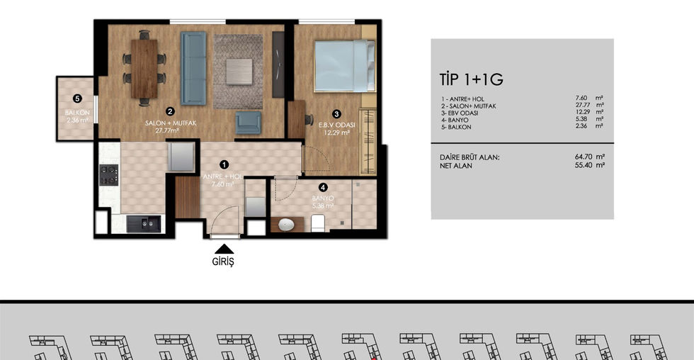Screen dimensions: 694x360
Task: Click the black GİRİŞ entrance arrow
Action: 224,249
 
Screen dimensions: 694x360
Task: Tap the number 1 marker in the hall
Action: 224,164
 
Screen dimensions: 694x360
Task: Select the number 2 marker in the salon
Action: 170,111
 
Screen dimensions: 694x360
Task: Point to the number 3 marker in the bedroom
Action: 337,114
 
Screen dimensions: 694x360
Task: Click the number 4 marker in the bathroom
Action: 324,188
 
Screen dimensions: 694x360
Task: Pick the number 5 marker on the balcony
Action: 77,99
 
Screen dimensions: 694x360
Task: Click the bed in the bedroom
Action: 344,66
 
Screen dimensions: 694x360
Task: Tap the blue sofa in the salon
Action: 193,68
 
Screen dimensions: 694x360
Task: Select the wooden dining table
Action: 144,69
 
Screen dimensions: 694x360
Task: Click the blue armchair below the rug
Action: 249,122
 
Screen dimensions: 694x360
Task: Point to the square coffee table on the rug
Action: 239,72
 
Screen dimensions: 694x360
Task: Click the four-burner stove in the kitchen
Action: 108,174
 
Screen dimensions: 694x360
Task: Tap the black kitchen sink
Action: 143,224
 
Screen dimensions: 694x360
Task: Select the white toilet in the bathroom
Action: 318,223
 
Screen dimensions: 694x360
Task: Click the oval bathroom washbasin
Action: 286,225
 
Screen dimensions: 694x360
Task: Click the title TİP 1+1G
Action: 472,79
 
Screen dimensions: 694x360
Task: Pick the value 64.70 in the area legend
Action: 584,157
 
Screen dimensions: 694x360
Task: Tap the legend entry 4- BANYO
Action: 455,120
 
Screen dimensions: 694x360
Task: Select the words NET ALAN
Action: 456,166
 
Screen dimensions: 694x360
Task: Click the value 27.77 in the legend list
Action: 584,105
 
